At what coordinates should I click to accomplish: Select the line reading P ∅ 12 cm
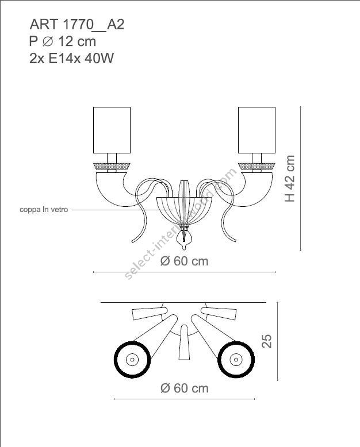click(62, 41)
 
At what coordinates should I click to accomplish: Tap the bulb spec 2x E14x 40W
click(71, 59)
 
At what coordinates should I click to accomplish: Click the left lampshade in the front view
click(113, 130)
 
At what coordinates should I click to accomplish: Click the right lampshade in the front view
click(258, 130)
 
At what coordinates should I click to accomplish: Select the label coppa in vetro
click(44, 210)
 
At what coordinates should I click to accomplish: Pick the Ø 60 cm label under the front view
click(184, 261)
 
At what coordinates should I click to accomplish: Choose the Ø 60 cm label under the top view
click(184, 388)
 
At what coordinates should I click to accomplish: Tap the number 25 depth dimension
click(266, 342)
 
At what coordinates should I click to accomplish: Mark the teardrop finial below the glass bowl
click(185, 237)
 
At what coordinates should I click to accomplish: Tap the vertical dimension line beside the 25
click(278, 342)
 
